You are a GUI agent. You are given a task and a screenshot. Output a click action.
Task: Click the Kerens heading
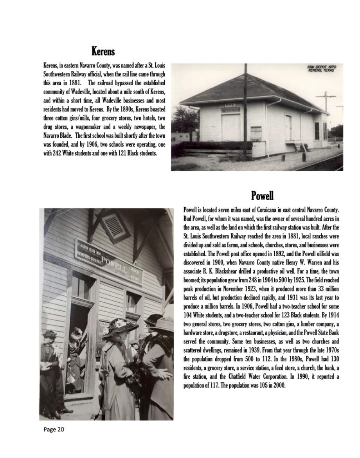[x=103, y=51]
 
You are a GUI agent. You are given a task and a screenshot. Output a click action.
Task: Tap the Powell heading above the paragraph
[x=262, y=195]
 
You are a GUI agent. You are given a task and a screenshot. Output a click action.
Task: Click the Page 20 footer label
[x=54, y=429]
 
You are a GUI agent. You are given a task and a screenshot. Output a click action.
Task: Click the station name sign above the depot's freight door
[x=230, y=105]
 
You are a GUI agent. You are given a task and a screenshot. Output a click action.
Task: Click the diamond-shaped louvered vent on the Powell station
[x=113, y=226]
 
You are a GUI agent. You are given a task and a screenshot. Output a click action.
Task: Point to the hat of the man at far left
[x=49, y=334]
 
